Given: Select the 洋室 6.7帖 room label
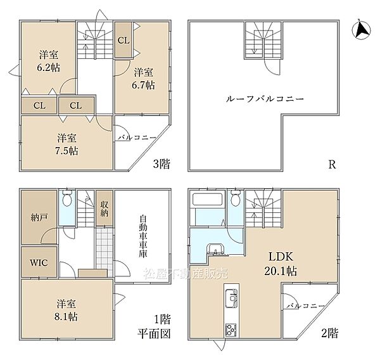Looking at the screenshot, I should tap(144, 79).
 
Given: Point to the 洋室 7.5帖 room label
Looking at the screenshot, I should tap(66, 144).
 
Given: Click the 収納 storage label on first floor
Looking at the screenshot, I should tap(104, 207).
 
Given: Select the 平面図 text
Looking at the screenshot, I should tap(156, 334).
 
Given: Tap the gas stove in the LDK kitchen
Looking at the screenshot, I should tap(230, 330).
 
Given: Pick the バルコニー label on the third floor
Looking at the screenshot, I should tap(133, 136).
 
